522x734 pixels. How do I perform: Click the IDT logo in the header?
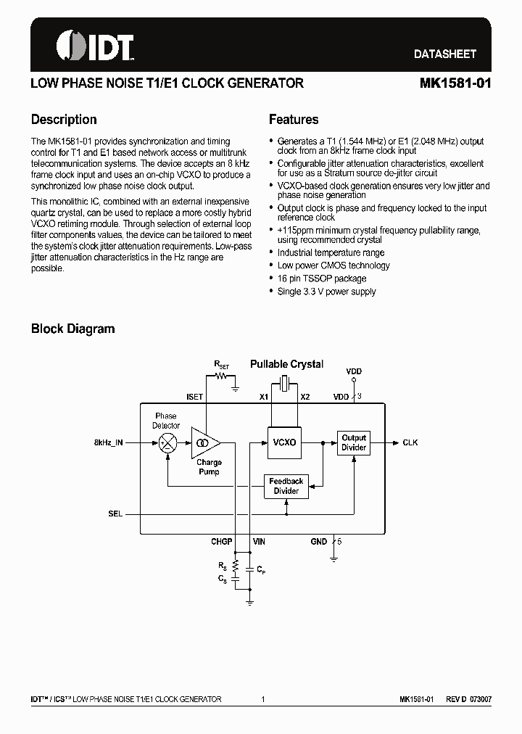[x=95, y=46]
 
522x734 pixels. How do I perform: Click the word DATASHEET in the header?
[x=445, y=54]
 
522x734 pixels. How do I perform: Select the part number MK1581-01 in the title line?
[x=455, y=83]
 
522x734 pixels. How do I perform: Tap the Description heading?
[x=64, y=120]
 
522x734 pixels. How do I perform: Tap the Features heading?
[x=294, y=120]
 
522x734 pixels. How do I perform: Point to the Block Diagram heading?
[x=72, y=329]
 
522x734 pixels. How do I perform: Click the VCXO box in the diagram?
[x=283, y=442]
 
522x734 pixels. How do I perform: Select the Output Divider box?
[x=354, y=442]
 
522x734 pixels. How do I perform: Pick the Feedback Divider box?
[x=286, y=486]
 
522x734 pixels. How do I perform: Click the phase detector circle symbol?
[x=167, y=442]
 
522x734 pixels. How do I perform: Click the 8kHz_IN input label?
[x=109, y=442]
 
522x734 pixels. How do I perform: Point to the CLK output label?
[x=410, y=442]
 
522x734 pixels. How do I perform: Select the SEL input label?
[x=115, y=514]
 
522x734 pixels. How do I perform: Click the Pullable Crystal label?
[x=286, y=364]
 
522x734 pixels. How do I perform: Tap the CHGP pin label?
[x=221, y=541]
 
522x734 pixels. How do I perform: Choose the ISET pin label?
[x=195, y=397]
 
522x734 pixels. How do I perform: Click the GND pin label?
[x=319, y=541]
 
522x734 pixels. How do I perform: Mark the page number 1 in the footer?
[x=263, y=699]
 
